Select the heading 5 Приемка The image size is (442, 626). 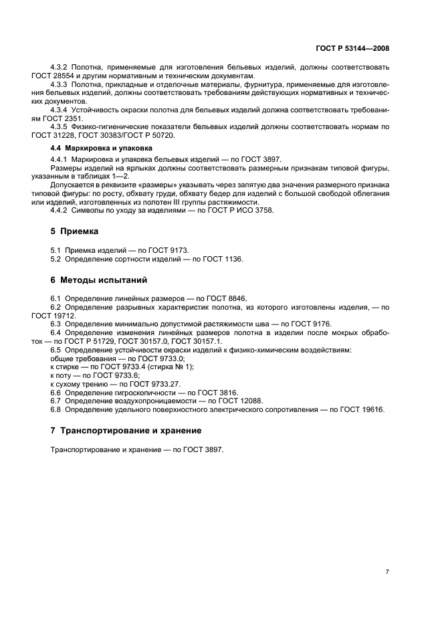[75, 231]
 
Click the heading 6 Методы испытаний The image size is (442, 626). [99, 280]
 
